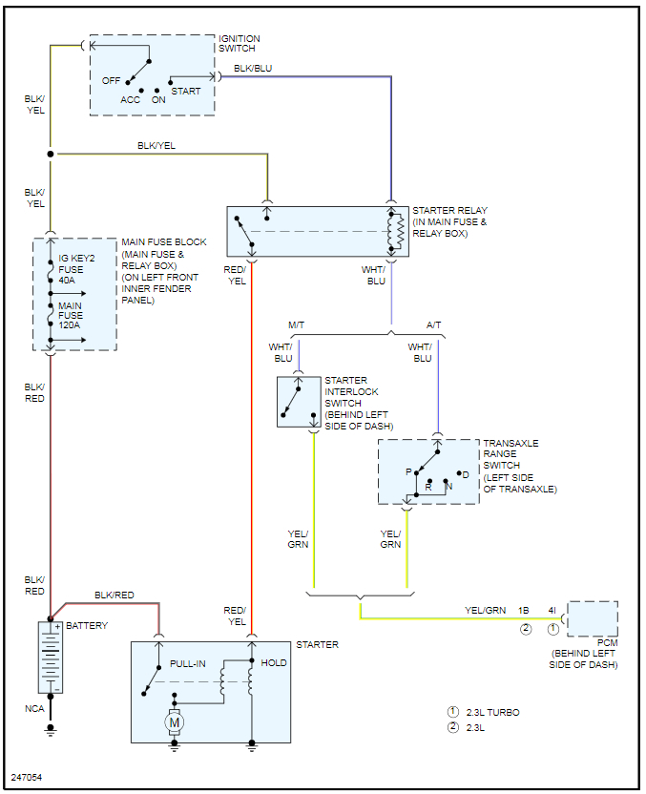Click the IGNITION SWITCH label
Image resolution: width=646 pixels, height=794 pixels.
(x=240, y=43)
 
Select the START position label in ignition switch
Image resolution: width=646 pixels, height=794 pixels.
(x=186, y=91)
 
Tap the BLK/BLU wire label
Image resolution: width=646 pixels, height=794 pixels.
(x=253, y=68)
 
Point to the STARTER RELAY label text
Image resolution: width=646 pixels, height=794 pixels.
(x=449, y=221)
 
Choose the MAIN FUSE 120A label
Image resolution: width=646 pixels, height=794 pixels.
(x=71, y=315)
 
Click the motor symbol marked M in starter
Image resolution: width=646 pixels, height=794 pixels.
(x=175, y=722)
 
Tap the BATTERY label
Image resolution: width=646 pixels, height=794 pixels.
(x=87, y=626)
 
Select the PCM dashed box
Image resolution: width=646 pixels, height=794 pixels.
(x=593, y=618)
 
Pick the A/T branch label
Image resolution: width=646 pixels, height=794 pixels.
(x=434, y=325)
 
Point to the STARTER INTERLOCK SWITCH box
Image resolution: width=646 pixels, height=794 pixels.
(x=299, y=401)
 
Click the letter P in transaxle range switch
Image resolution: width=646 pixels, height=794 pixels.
(x=408, y=472)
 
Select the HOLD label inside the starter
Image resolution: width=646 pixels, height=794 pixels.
(x=274, y=662)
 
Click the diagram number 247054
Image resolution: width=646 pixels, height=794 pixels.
(x=27, y=778)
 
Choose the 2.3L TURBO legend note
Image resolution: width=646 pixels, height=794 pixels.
(x=492, y=712)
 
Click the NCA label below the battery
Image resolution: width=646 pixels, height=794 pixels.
(x=34, y=709)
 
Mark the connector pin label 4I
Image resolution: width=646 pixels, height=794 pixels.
(x=552, y=610)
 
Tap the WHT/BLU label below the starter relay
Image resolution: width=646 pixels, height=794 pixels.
(x=374, y=275)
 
